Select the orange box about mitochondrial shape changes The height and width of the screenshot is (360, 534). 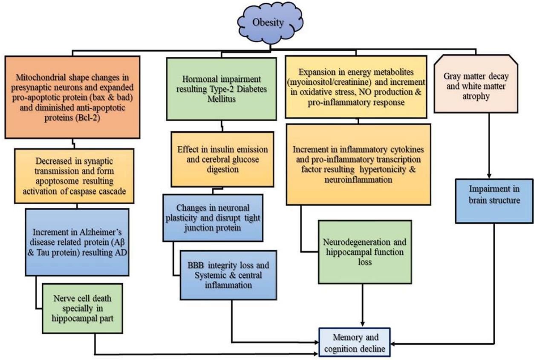pos(73,97)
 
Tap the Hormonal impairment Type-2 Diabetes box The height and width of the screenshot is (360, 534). pos(221,89)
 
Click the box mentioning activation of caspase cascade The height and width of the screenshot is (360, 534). pos(75,175)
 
